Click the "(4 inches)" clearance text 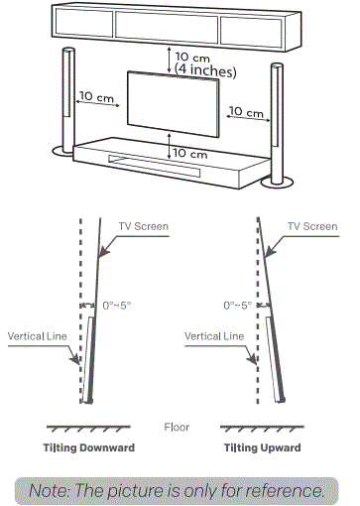[206, 71]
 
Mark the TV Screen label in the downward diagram [144, 226]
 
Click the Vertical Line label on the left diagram [37, 337]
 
